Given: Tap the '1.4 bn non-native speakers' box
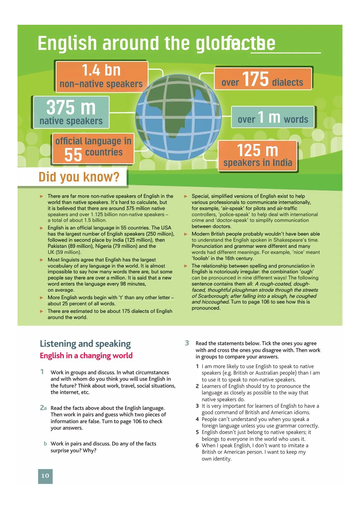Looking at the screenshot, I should pos(101,76).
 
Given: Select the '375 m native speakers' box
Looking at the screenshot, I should pos(71,112).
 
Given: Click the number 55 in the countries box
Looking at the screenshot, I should pos(73,155).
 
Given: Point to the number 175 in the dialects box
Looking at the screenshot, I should pos(255,79).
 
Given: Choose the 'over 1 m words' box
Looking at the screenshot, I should pos(273,117).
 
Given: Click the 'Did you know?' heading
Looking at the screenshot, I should pos(79,177).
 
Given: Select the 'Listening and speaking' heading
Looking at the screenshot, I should pos(85,344).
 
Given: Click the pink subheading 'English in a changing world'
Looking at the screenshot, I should pos(86,356).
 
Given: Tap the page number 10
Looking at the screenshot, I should pos(45,476).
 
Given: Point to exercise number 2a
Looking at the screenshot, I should pos(43,408).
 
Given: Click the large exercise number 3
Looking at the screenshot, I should pos(187,343).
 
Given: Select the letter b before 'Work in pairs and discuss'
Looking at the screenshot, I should pos(45,444).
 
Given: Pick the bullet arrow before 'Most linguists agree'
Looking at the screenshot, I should pos(42,260).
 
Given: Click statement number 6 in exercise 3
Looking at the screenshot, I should pos(197,446).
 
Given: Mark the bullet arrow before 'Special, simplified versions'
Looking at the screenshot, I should pos(186,196).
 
